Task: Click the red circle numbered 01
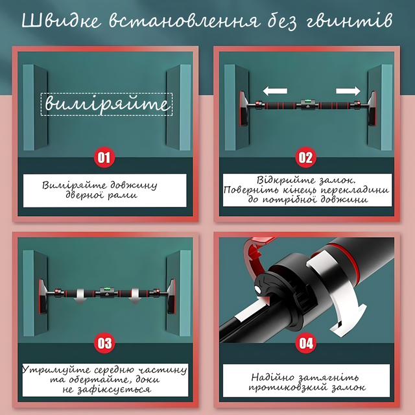[104, 157]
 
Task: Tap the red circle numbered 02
[305, 157]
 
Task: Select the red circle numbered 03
[104, 343]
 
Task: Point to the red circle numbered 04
[305, 343]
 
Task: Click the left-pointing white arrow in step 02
[275, 91]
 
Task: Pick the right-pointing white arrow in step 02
[348, 91]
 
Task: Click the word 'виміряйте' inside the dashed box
[106, 104]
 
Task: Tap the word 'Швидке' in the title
[62, 20]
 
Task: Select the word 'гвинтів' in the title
[350, 21]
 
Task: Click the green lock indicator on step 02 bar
[308, 101]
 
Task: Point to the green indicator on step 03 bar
[106, 289]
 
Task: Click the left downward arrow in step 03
[80, 297]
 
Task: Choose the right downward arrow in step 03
[136, 297]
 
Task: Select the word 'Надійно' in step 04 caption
[272, 377]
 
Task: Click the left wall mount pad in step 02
[243, 108]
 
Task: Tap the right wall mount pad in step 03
[171, 296]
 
